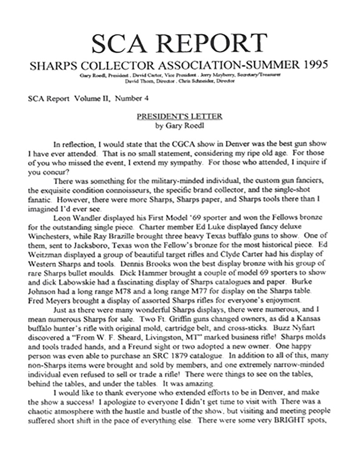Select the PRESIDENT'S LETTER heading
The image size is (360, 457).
click(x=180, y=116)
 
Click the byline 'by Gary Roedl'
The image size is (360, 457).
click(x=180, y=125)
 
